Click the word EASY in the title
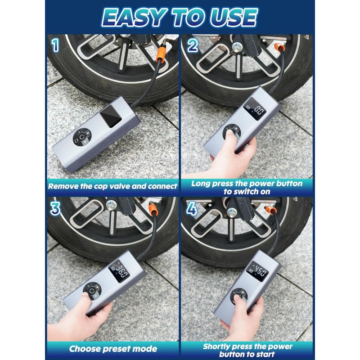click(x=133, y=18)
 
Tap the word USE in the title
click(x=234, y=18)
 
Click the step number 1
click(x=55, y=45)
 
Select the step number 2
click(x=193, y=45)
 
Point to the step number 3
click(x=55, y=208)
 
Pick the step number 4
click(x=192, y=208)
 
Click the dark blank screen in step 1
click(x=111, y=117)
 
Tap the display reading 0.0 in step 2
click(x=255, y=108)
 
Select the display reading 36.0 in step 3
click(x=119, y=271)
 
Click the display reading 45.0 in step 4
click(x=257, y=271)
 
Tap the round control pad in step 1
click(x=82, y=137)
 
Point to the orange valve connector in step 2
click(x=279, y=48)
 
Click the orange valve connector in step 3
click(x=153, y=209)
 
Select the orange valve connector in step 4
click(x=270, y=210)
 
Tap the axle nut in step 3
click(x=111, y=205)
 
